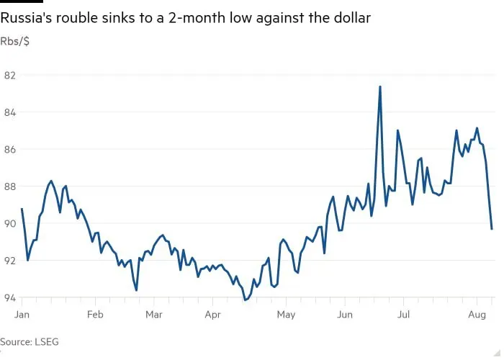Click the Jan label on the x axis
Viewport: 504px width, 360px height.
(22, 315)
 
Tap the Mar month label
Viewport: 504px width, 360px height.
(153, 315)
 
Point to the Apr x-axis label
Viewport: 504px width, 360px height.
(212, 315)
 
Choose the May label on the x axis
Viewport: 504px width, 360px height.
(286, 315)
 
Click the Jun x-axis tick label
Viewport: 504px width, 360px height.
(344, 315)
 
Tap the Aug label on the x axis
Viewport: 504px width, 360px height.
(477, 315)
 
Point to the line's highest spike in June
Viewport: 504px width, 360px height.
(379, 87)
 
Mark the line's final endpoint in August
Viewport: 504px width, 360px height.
(491, 229)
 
